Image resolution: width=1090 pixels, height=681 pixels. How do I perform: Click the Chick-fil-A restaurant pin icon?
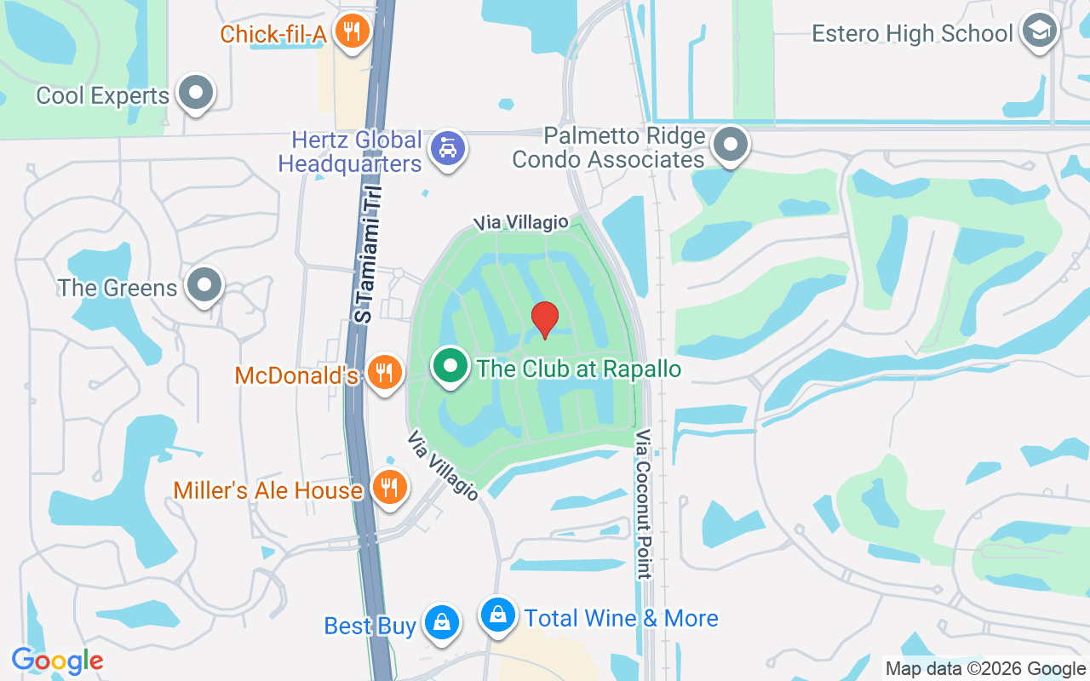point(350,32)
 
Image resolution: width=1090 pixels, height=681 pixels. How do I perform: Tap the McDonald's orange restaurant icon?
point(386,372)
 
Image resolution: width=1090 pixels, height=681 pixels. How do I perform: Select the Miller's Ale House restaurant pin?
point(390,488)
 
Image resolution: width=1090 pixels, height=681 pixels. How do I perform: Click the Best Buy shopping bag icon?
point(442,623)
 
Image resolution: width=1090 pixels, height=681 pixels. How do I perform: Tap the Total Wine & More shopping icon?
point(498,615)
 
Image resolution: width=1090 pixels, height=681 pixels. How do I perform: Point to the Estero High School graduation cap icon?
point(1039,31)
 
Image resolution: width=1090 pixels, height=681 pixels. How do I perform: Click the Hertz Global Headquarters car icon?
point(447,149)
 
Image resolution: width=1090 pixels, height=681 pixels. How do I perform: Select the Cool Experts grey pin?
point(197,92)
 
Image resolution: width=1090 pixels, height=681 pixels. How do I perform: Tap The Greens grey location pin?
point(204,285)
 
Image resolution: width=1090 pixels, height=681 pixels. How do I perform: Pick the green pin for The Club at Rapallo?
point(450,367)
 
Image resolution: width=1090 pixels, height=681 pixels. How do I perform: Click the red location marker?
point(545,319)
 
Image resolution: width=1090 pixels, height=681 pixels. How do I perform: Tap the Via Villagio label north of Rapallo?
point(521,222)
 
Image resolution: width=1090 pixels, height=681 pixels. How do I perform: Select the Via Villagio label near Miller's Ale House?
point(443,466)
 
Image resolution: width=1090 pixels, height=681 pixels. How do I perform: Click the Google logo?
point(57,661)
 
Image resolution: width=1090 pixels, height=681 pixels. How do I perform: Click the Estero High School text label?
point(912,33)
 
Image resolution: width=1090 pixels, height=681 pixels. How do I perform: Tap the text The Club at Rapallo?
point(579,369)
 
